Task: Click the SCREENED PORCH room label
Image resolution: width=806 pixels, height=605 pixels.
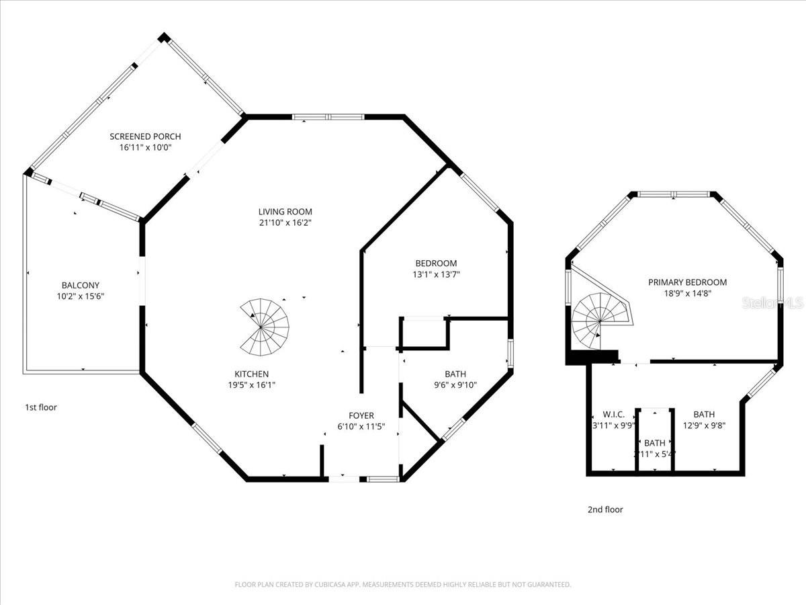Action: (145, 136)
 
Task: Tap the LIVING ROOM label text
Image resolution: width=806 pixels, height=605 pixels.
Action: (285, 212)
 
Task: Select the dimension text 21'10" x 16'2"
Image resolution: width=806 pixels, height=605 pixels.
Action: (285, 223)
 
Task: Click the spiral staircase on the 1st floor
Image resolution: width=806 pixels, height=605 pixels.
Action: (265, 327)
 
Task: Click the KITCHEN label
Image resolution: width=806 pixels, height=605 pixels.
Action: (251, 374)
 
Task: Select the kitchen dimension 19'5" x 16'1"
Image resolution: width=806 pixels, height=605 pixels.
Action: (251, 385)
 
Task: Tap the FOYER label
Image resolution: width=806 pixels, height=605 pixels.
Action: (361, 415)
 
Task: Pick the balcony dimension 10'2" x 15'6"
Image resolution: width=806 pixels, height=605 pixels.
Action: (81, 296)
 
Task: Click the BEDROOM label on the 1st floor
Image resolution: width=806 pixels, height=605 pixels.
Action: (436, 264)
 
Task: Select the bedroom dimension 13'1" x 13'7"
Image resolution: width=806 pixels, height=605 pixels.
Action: (436, 274)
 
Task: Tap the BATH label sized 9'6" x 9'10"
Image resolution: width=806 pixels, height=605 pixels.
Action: (455, 374)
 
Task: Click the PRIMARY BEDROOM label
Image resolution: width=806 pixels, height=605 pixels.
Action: (687, 282)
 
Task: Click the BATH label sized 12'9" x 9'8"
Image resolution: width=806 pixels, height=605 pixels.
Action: (704, 414)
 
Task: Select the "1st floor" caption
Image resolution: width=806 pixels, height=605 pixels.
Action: (41, 407)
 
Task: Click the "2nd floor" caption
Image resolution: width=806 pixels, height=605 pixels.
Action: (605, 510)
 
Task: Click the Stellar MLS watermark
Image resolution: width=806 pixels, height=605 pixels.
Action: (772, 303)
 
